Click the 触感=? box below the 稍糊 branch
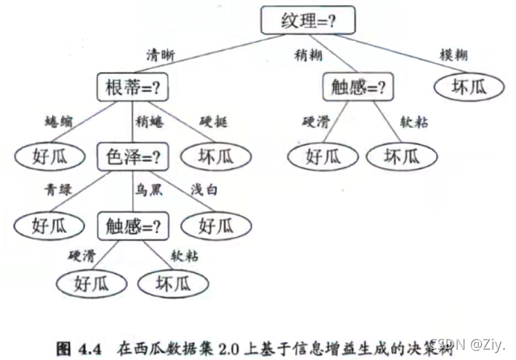coord(358,89)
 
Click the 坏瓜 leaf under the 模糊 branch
coord(468,88)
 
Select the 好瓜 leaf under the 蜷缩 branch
coord(42,156)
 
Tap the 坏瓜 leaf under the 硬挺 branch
coord(222,156)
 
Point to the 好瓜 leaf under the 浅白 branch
coord(222,224)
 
